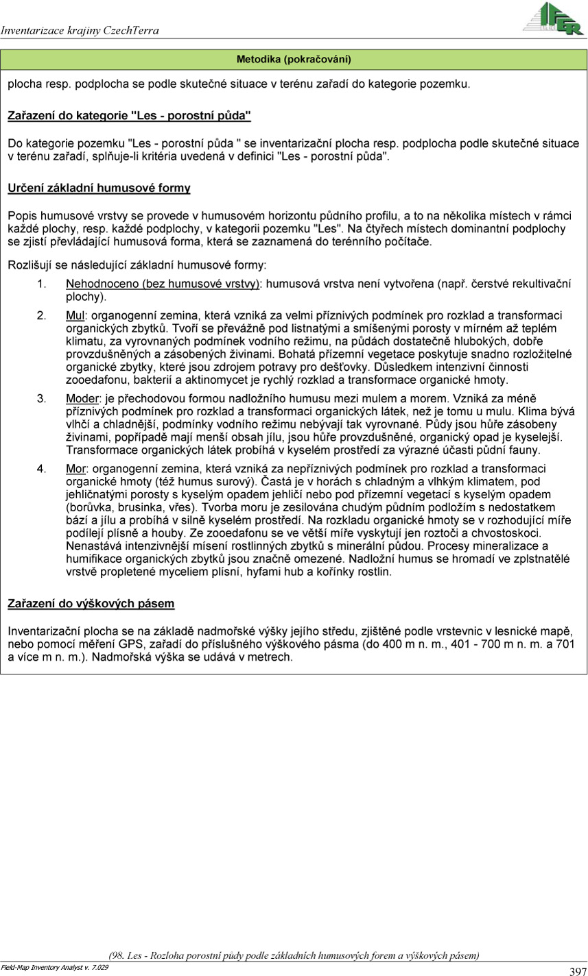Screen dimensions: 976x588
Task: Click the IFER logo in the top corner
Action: point(553,18)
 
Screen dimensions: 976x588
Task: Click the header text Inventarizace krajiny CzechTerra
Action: point(80,30)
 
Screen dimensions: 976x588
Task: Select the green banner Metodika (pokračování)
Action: point(294,60)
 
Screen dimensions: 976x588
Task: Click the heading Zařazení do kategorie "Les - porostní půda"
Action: point(129,115)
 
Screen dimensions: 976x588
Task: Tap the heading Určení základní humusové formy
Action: point(99,188)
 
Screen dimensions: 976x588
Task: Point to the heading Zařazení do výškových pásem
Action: point(91,604)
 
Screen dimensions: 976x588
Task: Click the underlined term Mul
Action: point(75,315)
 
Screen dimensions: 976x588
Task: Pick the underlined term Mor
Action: point(75,469)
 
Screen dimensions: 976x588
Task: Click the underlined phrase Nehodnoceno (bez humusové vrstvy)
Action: point(163,284)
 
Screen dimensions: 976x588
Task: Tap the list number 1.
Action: point(41,284)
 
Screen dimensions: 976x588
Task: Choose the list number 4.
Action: point(41,469)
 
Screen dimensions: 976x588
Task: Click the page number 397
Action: point(577,971)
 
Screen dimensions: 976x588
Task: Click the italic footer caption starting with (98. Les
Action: point(294,955)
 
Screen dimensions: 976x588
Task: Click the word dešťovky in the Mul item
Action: point(352,367)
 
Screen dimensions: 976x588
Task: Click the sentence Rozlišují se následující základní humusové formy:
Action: point(137,264)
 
